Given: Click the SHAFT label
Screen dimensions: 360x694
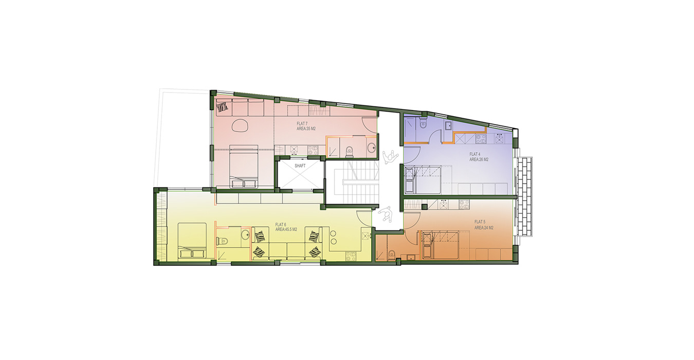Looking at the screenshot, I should tap(300, 166).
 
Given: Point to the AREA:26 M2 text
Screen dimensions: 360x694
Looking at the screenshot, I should tap(479, 159).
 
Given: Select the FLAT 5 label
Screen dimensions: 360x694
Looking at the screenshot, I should tap(480, 222).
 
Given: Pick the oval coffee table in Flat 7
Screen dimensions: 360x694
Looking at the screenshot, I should tap(241, 124).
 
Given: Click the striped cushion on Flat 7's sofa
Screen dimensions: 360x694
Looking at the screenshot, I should tap(223, 107).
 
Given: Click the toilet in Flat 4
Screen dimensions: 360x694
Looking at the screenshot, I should tap(423, 122).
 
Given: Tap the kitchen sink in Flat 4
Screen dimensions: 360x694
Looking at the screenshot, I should tap(449, 125).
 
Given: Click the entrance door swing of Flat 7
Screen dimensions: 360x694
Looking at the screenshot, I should tap(370, 123).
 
